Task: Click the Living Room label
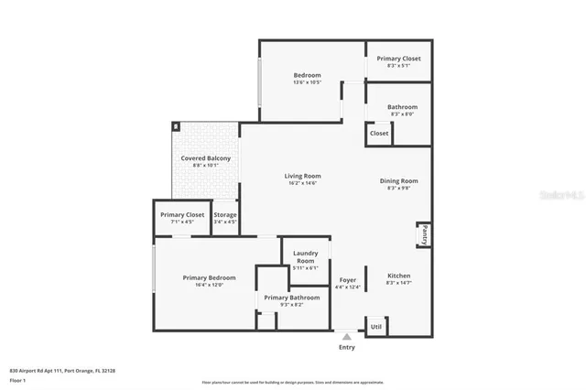click(302, 176)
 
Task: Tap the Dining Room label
click(398, 180)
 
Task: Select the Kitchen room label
click(398, 276)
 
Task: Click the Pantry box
click(423, 235)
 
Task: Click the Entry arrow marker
click(346, 337)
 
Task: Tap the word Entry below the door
click(347, 348)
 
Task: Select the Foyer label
click(347, 279)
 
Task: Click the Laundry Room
click(304, 256)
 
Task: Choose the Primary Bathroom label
click(292, 298)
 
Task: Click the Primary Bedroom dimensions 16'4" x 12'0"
click(209, 285)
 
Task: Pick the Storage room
click(224, 218)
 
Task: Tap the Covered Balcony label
click(205, 158)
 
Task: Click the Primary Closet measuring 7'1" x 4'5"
click(182, 218)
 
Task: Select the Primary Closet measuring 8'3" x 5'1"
click(398, 61)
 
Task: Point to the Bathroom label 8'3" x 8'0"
click(401, 110)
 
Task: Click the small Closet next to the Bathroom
click(379, 134)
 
